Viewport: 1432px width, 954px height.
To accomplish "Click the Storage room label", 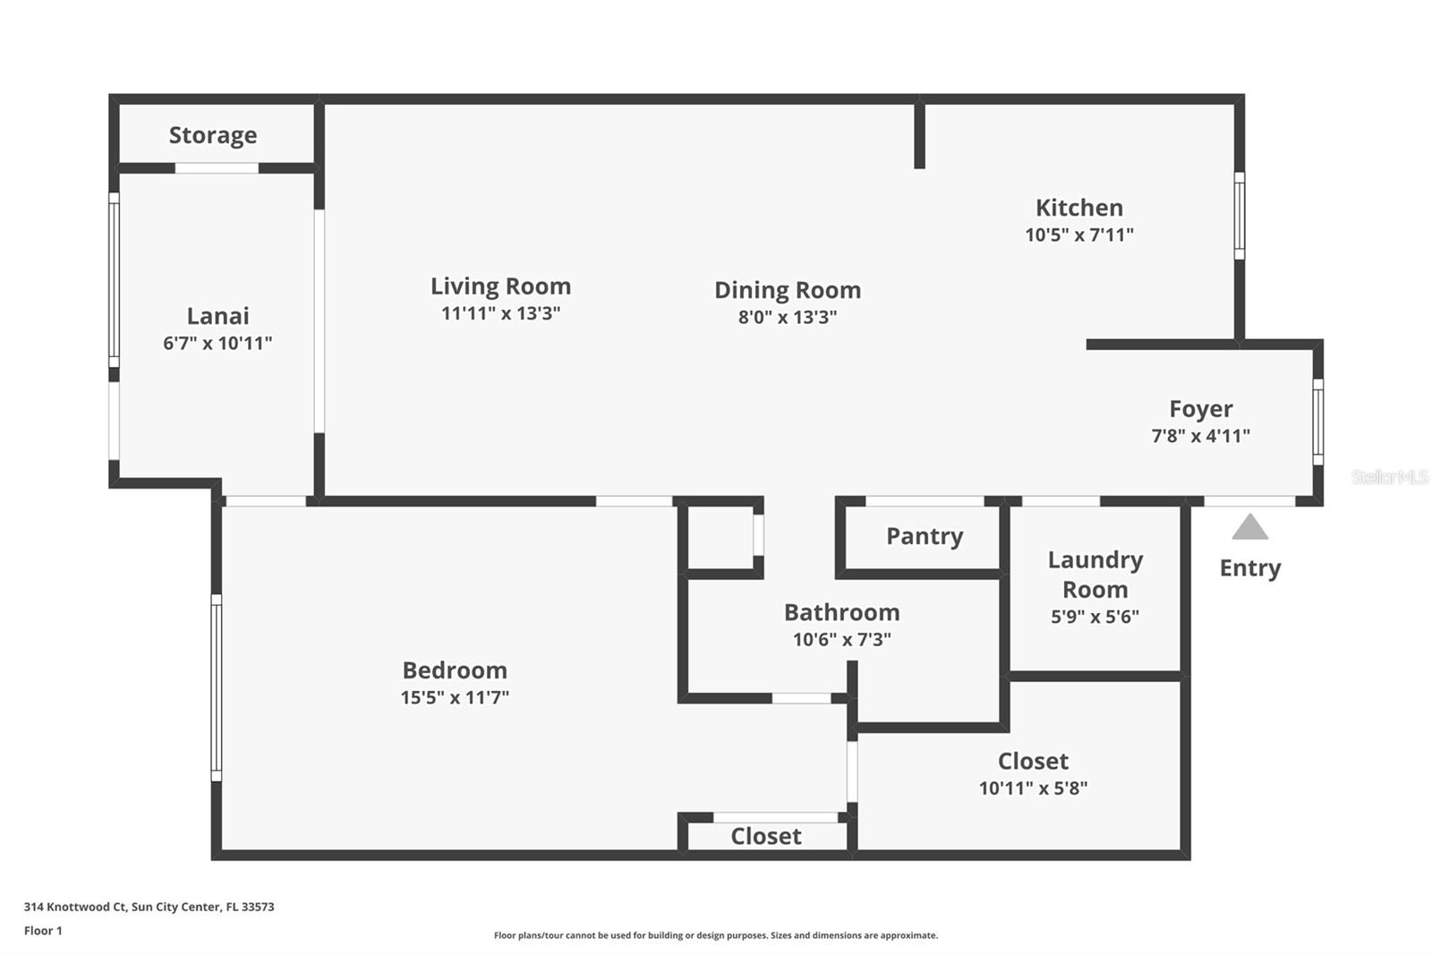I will tap(213, 135).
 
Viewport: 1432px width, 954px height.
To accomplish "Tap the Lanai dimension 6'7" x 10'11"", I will tap(217, 343).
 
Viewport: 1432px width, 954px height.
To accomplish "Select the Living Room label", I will tap(500, 286).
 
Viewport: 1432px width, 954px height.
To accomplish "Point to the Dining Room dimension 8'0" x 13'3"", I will tap(787, 317).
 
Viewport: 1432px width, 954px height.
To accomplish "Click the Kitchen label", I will tap(1078, 208).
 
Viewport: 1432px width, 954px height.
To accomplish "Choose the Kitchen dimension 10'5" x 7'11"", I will tap(1078, 234).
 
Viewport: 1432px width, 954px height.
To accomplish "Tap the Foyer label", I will tap(1200, 409).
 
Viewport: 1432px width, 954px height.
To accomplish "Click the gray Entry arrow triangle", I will tap(1249, 529).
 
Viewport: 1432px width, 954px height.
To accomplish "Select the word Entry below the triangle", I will tap(1249, 568).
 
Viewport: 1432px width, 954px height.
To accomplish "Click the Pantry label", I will tap(925, 536).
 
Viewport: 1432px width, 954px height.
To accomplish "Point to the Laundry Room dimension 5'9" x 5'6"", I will tap(1095, 617).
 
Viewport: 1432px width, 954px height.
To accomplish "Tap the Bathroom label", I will tap(841, 613).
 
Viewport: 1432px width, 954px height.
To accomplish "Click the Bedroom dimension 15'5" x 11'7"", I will tap(455, 697).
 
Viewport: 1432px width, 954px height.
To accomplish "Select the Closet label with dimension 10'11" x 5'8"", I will tap(1033, 762).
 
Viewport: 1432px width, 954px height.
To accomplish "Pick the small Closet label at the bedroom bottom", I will tap(765, 837).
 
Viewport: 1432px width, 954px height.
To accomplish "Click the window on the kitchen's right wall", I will tap(1239, 216).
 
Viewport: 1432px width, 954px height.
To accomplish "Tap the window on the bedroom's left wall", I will tap(216, 687).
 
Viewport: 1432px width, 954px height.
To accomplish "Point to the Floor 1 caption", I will tap(43, 931).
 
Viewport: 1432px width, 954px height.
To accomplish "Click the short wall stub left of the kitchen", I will tap(919, 134).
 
